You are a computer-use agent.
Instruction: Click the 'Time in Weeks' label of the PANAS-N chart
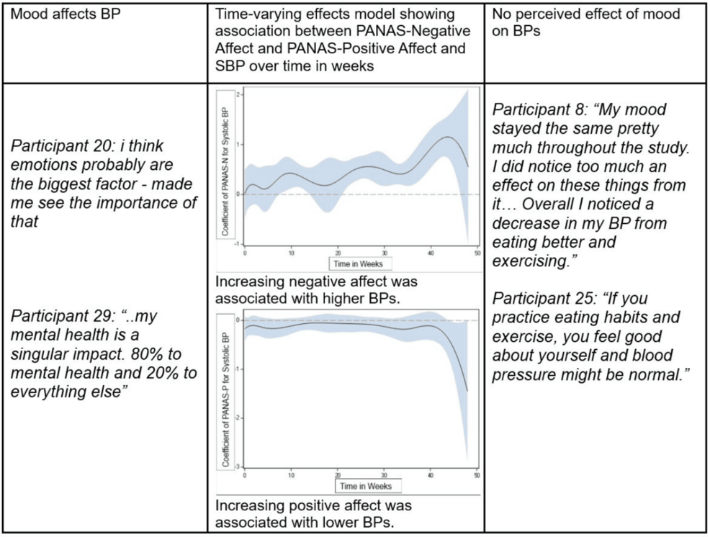[358, 263]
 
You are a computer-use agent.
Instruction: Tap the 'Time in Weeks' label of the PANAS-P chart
[366, 487]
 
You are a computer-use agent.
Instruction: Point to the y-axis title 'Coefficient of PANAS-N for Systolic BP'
[225, 172]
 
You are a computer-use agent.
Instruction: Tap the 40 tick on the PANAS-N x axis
[431, 253]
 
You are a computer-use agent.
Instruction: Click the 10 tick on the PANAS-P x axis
[291, 475]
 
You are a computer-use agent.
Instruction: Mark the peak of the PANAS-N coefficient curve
[448, 137]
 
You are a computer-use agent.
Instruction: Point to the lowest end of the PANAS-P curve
[467, 391]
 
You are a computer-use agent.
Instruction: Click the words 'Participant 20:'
[61, 146]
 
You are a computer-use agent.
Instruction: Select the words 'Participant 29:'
[62, 315]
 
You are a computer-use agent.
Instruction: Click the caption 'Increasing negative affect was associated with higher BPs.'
[316, 290]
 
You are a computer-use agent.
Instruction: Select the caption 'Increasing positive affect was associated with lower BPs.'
[313, 513]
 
